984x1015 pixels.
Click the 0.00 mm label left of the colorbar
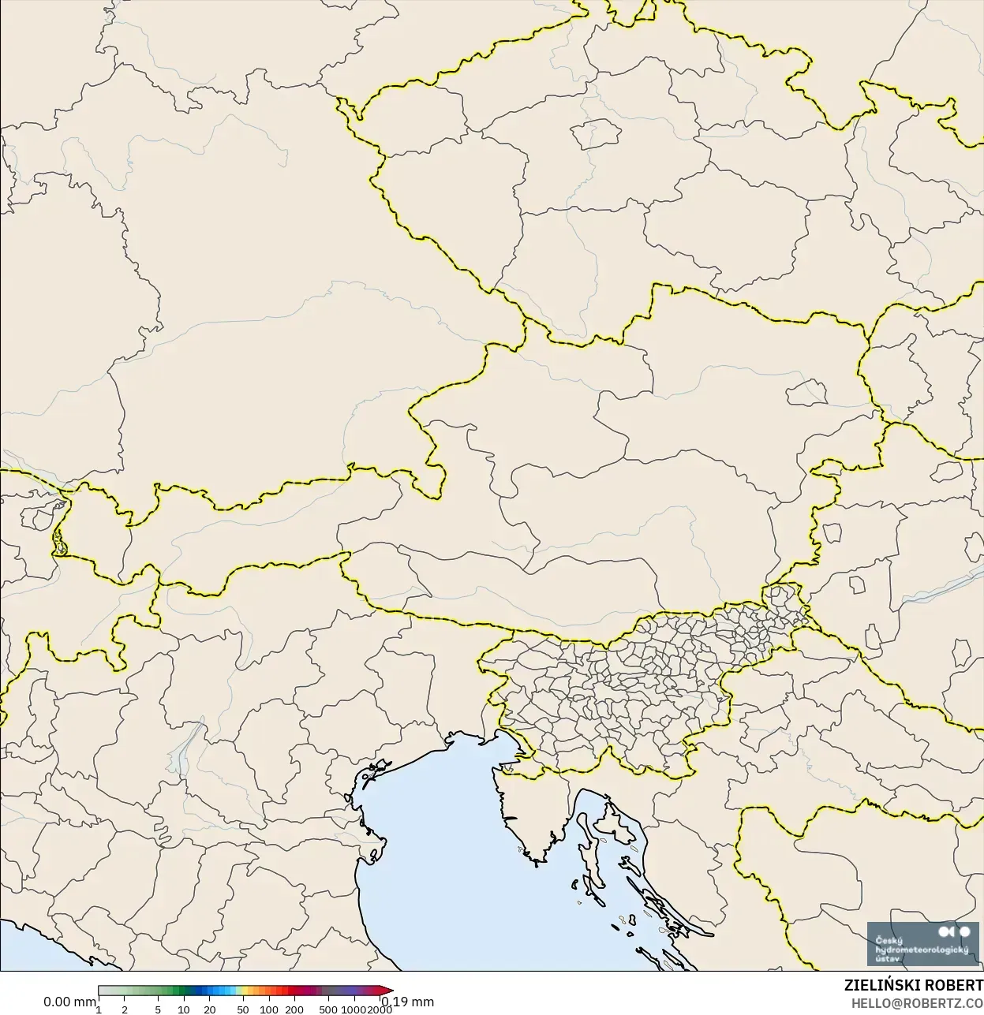click(69, 1002)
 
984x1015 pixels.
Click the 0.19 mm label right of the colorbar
click(407, 1002)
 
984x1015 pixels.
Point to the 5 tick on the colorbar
click(158, 1009)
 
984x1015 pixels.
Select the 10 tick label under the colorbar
click(183, 1009)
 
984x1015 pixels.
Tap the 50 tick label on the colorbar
click(243, 1009)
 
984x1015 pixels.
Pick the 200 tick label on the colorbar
click(294, 1009)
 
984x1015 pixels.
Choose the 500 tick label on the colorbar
click(328, 1009)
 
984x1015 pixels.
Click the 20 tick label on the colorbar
click(209, 1009)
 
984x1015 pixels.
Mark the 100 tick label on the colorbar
click(269, 1009)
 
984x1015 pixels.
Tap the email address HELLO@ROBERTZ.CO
click(916, 1003)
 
